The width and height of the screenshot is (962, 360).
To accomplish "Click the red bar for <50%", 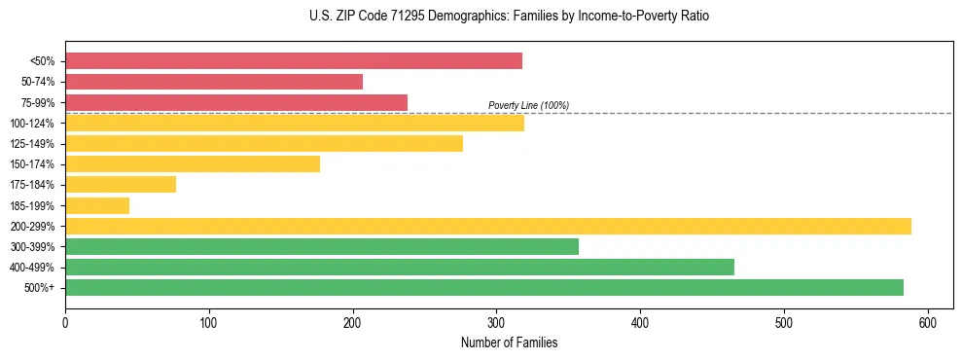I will pos(294,61).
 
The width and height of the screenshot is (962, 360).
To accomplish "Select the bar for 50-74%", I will pos(214,82).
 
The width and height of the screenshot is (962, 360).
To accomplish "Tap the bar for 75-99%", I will pos(236,102).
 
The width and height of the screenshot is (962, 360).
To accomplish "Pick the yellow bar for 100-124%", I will pos(295,123).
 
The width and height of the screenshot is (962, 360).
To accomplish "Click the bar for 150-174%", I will pos(193,163).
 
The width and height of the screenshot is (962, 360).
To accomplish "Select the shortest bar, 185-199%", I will pos(97,205).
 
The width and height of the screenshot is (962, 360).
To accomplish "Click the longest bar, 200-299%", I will pos(488,226).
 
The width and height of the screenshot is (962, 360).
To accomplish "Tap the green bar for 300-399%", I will pos(322,246).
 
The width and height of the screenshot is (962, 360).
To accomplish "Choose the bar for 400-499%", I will pos(400,267).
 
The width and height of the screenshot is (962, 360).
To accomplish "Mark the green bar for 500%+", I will pos(484,287).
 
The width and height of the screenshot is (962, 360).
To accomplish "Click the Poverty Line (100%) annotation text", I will pos(528,105).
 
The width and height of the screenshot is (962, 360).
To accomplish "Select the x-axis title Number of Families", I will pos(510,342).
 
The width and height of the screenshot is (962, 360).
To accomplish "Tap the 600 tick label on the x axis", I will pos(928,322).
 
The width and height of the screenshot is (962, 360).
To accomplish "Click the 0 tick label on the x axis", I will pos(65,322).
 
